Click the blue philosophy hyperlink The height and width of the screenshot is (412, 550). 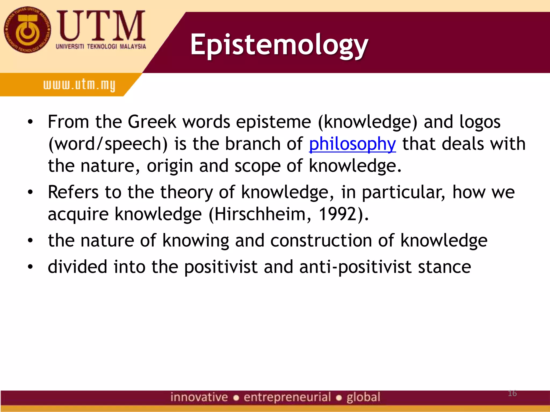(x=352, y=144)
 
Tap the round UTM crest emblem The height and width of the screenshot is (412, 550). (x=27, y=30)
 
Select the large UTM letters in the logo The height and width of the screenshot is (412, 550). (x=102, y=26)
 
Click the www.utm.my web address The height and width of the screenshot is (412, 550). (x=79, y=85)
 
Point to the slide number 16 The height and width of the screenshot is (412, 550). (x=512, y=393)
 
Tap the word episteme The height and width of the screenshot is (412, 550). (x=273, y=122)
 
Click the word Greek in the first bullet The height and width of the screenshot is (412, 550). (x=152, y=122)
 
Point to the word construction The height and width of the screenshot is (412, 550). (x=321, y=240)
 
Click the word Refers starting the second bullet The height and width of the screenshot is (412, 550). (x=73, y=192)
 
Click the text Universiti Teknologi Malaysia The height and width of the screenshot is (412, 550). (x=101, y=47)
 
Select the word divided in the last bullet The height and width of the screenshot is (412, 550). (x=77, y=267)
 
